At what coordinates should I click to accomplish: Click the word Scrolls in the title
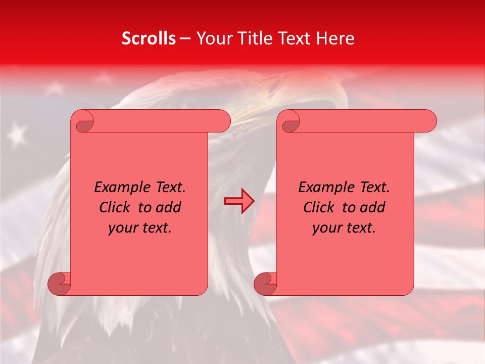pos(149,38)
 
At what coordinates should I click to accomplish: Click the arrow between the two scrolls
pos(239,201)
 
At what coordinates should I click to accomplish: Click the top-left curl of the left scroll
pos(83,121)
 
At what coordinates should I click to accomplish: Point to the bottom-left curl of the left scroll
pos(60,284)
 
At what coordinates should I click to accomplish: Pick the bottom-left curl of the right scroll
pos(265,284)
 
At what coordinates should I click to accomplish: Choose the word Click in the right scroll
pos(319,207)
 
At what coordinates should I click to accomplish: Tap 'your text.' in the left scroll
pos(140,228)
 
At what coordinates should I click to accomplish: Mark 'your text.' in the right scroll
pos(344,228)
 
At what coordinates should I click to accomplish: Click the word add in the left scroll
pos(169,207)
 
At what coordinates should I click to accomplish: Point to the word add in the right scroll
pos(373,207)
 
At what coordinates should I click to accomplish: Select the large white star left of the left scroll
pos(18,134)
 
